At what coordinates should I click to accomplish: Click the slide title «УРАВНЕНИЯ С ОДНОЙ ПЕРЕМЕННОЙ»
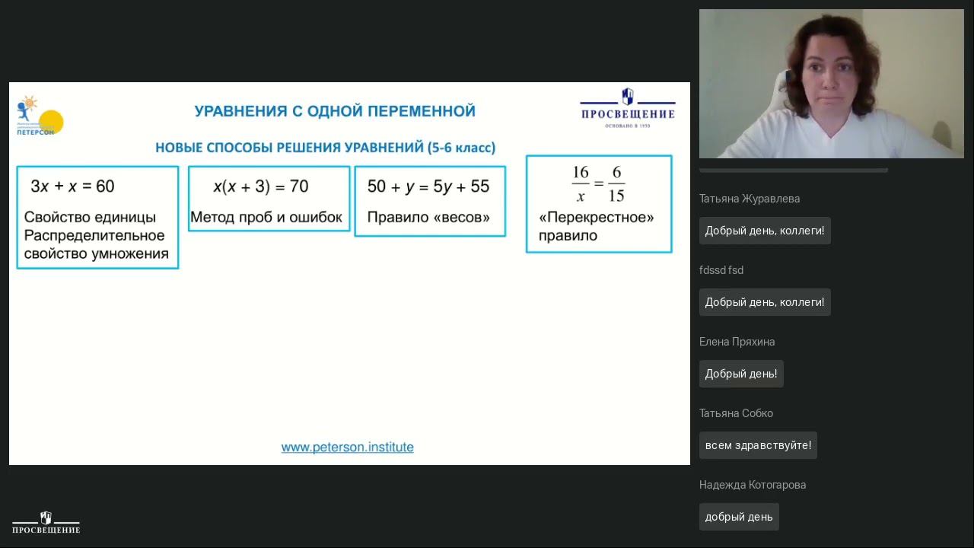click(335, 111)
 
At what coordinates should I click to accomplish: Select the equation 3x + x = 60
click(72, 186)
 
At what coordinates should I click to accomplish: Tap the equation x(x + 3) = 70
click(260, 186)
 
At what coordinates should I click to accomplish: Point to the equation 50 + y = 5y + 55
click(428, 186)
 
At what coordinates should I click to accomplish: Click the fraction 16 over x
click(581, 183)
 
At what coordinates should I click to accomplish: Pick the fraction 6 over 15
click(616, 183)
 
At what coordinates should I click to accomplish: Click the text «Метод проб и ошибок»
click(266, 218)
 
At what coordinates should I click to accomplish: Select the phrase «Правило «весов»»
click(428, 218)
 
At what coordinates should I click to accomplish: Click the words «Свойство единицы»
click(90, 218)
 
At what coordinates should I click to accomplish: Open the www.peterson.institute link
click(347, 448)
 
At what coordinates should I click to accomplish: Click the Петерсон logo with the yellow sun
click(40, 116)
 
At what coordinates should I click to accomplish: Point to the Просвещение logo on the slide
click(627, 107)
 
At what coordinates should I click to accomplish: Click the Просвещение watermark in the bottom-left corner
click(46, 523)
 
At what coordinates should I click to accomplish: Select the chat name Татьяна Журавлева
click(750, 199)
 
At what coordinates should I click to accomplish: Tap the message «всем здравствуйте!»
click(758, 445)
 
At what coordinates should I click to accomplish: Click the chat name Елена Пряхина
click(737, 342)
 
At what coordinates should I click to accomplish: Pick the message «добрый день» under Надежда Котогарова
click(738, 517)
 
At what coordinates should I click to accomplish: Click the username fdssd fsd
click(721, 270)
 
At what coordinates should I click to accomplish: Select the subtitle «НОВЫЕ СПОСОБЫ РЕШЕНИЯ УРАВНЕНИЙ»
click(289, 148)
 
